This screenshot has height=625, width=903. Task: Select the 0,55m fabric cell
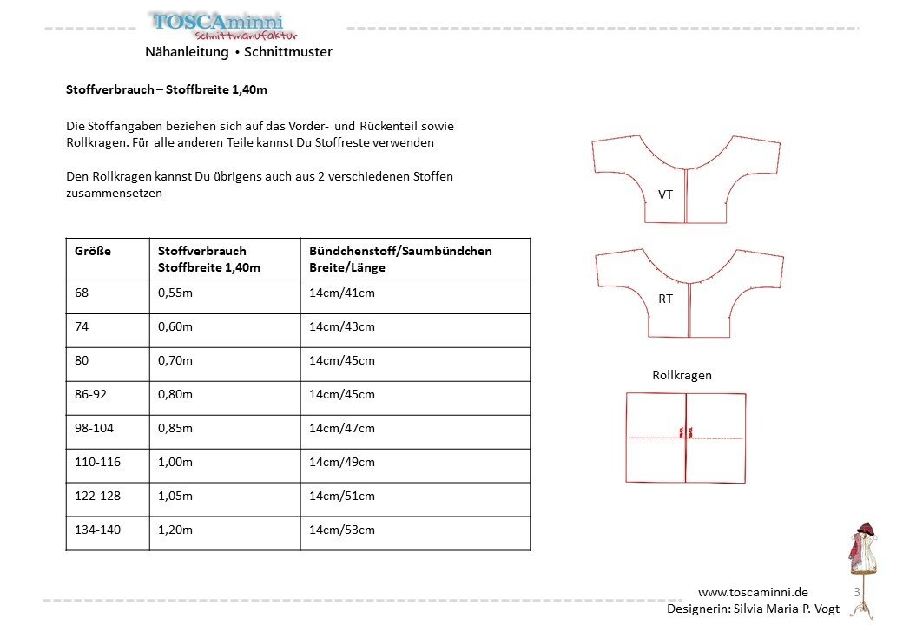tap(175, 293)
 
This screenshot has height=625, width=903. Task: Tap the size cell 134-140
tap(99, 530)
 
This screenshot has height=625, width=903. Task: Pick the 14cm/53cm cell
tap(342, 530)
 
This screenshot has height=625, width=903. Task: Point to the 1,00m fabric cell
tap(176, 462)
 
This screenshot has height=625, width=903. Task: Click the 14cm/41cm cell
tap(342, 293)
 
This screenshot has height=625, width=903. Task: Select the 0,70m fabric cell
tap(175, 360)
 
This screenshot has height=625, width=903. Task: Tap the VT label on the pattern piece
tap(666, 194)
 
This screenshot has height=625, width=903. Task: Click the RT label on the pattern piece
tap(666, 299)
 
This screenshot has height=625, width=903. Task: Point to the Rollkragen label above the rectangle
tap(682, 375)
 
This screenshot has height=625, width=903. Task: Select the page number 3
tap(857, 592)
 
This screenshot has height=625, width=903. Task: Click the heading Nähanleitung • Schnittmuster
tap(239, 52)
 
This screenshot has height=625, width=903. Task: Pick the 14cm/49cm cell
tap(342, 462)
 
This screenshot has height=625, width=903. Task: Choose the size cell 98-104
tap(98, 428)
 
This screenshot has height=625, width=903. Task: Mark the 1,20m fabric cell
tap(175, 530)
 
